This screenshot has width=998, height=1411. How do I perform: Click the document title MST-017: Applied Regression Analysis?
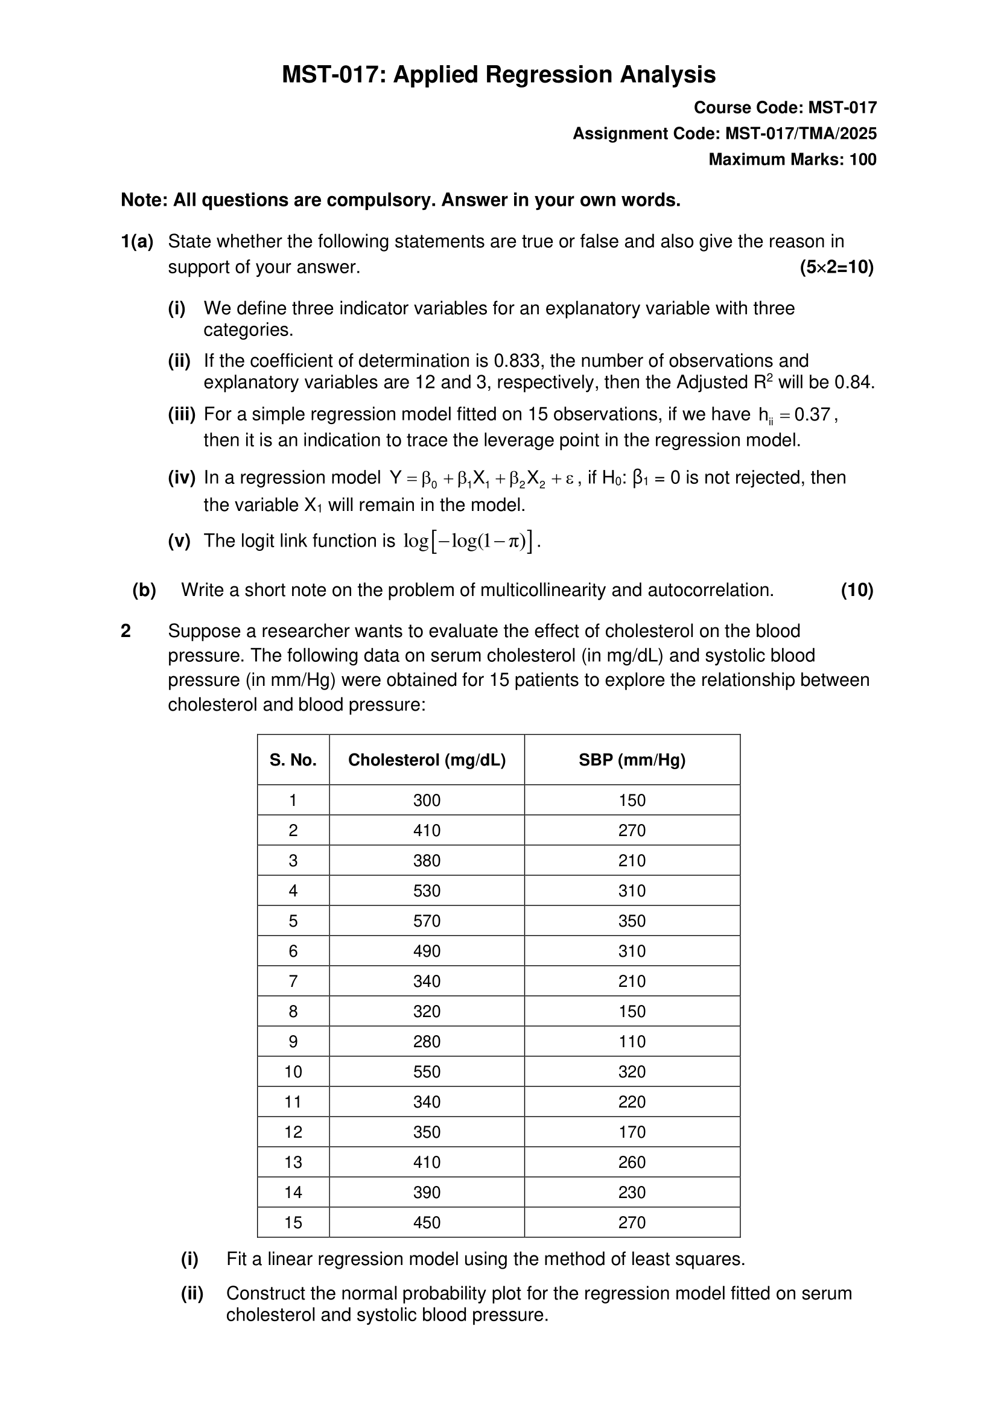(498, 75)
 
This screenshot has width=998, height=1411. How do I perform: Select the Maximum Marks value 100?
(863, 160)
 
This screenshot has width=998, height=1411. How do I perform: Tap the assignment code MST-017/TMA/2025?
(801, 134)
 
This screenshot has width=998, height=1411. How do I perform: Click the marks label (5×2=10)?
(836, 267)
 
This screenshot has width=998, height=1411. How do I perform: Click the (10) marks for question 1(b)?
(857, 591)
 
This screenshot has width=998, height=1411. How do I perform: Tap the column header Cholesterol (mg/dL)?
(427, 760)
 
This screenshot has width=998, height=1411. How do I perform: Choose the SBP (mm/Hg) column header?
(632, 760)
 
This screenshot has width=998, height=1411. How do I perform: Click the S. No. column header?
(293, 760)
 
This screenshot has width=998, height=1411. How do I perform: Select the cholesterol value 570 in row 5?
(427, 921)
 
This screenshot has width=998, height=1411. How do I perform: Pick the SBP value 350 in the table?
(632, 921)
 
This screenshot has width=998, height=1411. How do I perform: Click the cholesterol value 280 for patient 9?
(427, 1042)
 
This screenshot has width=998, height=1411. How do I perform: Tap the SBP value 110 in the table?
(632, 1042)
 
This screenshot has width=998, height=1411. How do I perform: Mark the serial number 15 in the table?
(293, 1222)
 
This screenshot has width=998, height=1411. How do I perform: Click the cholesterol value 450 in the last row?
(427, 1222)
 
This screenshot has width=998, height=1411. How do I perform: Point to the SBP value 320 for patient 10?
(632, 1072)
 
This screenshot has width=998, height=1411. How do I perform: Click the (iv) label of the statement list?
(181, 478)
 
